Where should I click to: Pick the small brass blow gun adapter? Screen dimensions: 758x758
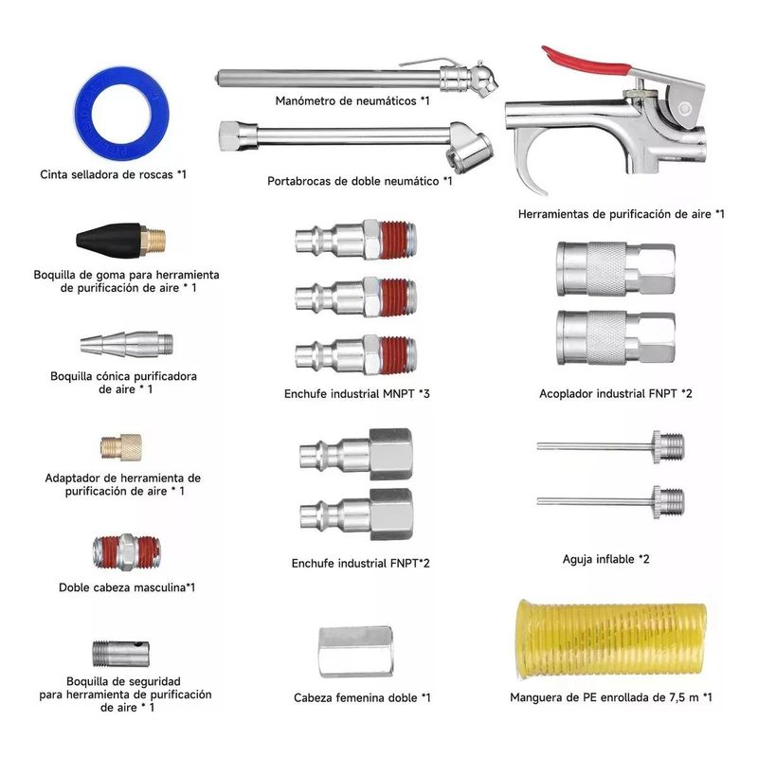(120, 445)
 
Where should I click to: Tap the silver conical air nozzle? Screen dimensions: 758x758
(128, 343)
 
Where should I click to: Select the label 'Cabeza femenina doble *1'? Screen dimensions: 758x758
(362, 698)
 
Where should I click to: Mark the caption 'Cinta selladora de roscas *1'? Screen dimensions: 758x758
(114, 174)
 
